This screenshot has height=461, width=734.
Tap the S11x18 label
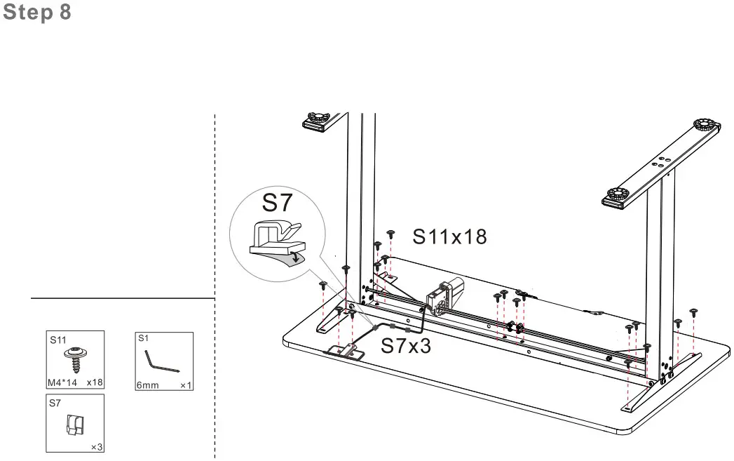pyautogui.click(x=449, y=236)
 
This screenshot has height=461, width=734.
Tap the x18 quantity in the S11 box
pyautogui.click(x=95, y=383)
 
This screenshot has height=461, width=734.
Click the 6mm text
pyautogui.click(x=148, y=385)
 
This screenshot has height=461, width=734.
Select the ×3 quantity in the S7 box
pyautogui.click(x=97, y=447)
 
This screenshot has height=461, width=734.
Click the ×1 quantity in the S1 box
pyautogui.click(x=186, y=385)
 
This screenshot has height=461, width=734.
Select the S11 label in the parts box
pyautogui.click(x=57, y=340)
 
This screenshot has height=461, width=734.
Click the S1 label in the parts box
pyautogui.click(x=143, y=338)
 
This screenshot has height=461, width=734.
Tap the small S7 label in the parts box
pyautogui.click(x=55, y=403)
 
